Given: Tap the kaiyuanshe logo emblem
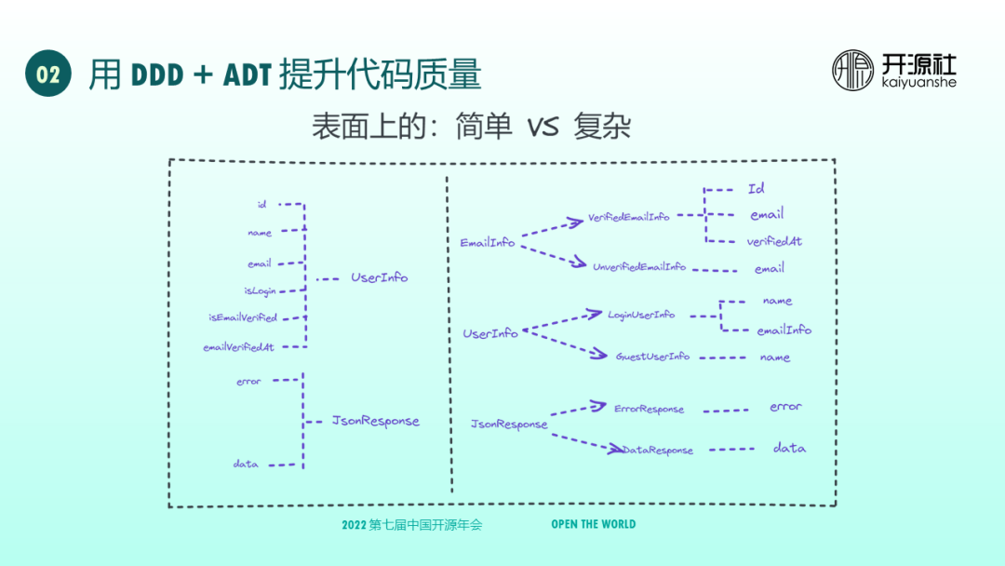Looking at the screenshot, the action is coord(852,71).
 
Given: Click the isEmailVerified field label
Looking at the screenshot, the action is coord(243,317).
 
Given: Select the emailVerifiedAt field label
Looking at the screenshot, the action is coord(239,347).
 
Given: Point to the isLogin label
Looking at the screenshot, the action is coord(261,291).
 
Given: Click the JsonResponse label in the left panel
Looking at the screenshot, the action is coord(376,421).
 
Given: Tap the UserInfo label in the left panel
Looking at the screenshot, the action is coord(380,277).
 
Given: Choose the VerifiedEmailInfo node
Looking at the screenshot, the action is coord(629,217).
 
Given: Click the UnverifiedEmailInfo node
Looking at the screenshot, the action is coord(639,266).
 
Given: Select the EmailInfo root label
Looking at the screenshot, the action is coord(488,243).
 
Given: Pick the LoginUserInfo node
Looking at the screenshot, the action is coord(641,315).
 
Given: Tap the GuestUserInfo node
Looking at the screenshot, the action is coord(652,357).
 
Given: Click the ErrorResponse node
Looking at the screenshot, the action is coord(649,409).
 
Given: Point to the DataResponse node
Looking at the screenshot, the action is coord(659,451).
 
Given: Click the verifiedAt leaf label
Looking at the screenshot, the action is coord(774,241).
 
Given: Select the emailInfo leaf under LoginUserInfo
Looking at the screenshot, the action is coord(784,330).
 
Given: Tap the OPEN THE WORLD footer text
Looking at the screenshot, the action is coord(594,524).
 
